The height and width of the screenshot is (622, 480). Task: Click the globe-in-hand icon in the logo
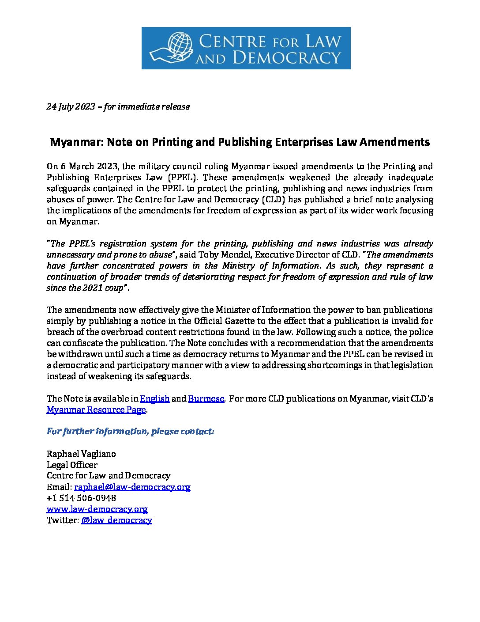pos(171,48)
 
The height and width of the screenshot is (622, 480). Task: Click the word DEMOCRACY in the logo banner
pos(287,58)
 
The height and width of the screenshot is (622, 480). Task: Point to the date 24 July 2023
pos(71,107)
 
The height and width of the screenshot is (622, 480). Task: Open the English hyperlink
pos(155,399)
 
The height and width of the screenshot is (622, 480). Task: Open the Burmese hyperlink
pos(206,399)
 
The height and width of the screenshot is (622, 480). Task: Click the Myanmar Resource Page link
pos(96,410)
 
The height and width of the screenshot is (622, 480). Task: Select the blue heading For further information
pos(130,432)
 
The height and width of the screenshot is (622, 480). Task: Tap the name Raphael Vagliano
pos(81,454)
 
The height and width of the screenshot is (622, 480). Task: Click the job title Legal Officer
pos(72,465)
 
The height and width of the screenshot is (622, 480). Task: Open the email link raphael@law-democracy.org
pos(132,487)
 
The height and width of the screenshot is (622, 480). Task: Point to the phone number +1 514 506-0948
pos(82,498)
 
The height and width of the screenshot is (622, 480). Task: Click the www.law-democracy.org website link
pos(97,509)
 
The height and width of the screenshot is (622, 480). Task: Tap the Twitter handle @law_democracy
pos(116,520)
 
